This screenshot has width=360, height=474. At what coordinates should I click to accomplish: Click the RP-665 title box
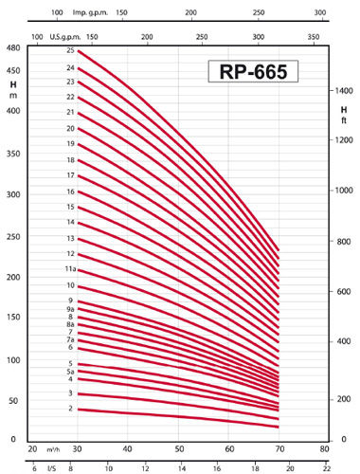[254, 72]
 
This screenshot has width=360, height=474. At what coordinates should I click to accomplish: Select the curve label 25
[70, 50]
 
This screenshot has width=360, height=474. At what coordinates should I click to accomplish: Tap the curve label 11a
[70, 270]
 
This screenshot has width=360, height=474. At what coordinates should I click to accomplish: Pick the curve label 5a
[70, 372]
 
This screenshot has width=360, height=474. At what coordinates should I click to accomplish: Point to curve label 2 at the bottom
[70, 408]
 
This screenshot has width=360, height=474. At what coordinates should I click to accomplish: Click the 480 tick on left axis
[13, 47]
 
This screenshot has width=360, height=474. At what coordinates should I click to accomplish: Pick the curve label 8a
[70, 324]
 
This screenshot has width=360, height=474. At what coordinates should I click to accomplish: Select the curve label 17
[70, 175]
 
